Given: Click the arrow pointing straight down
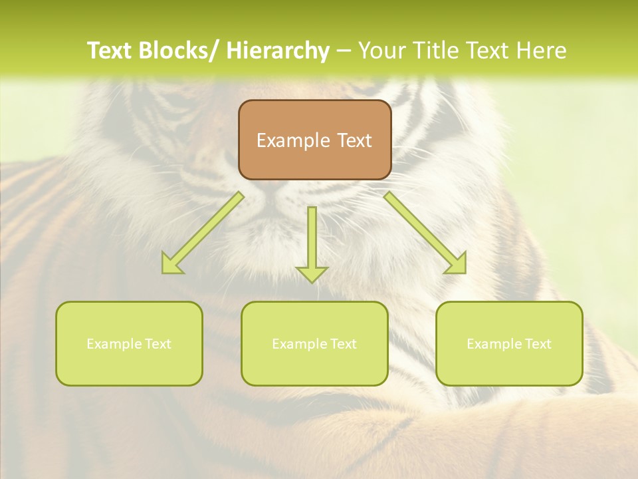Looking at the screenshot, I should click(x=312, y=239).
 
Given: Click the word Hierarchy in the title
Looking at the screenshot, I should click(x=278, y=51).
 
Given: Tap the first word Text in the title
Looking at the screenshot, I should click(x=110, y=51).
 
